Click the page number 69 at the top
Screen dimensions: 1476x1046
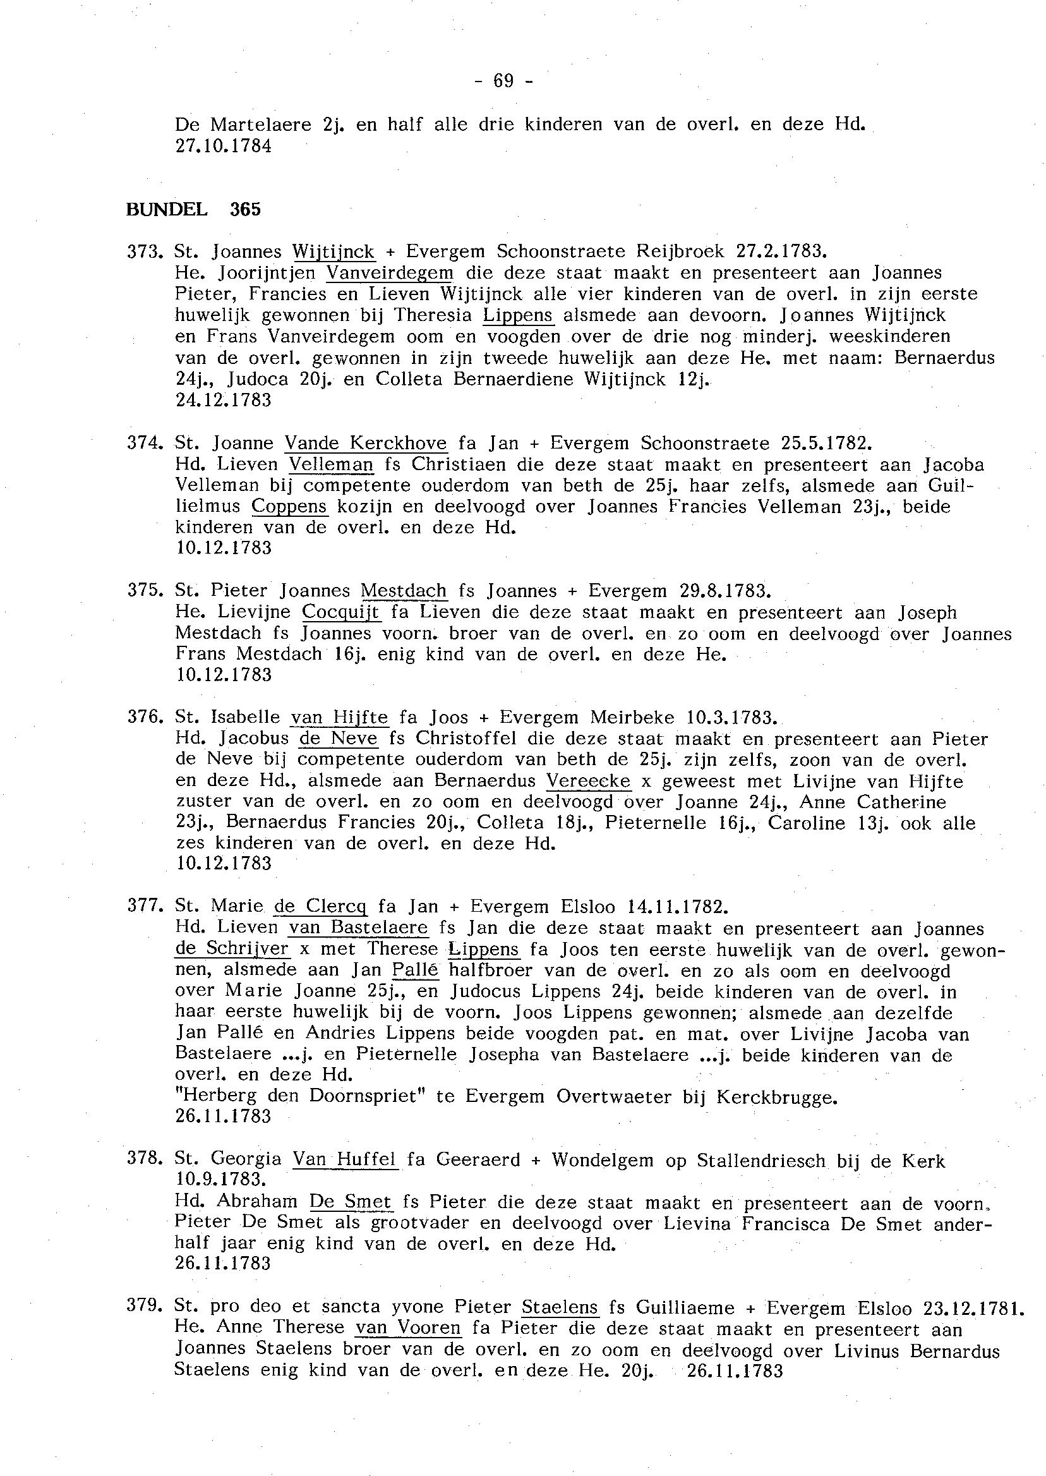click(503, 80)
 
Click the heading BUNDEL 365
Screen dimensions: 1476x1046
click(193, 209)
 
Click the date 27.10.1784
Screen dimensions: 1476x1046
click(224, 146)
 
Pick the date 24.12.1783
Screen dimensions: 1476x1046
click(224, 400)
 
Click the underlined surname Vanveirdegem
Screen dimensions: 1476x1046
click(390, 272)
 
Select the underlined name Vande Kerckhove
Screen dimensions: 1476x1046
click(365, 444)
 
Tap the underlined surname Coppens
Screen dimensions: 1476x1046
click(290, 506)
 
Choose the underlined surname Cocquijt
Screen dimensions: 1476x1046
click(340, 612)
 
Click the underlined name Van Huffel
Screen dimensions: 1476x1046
click(346, 1160)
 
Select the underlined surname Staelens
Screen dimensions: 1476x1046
click(560, 1307)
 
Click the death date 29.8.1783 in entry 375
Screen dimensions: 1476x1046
click(724, 591)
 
